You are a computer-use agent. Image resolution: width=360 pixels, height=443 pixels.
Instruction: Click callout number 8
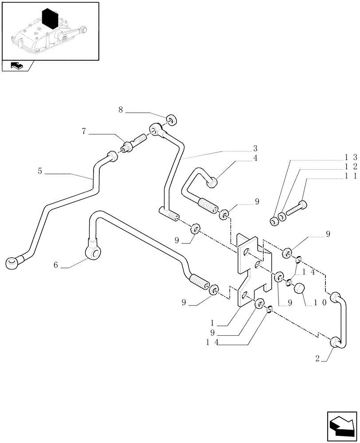tap(121, 109)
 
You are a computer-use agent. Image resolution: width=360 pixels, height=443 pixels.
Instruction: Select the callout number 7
tap(84, 132)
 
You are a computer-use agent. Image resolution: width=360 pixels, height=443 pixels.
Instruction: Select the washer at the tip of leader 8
tap(172, 119)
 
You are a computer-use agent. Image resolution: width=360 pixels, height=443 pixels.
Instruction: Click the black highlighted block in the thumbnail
tap(51, 19)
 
